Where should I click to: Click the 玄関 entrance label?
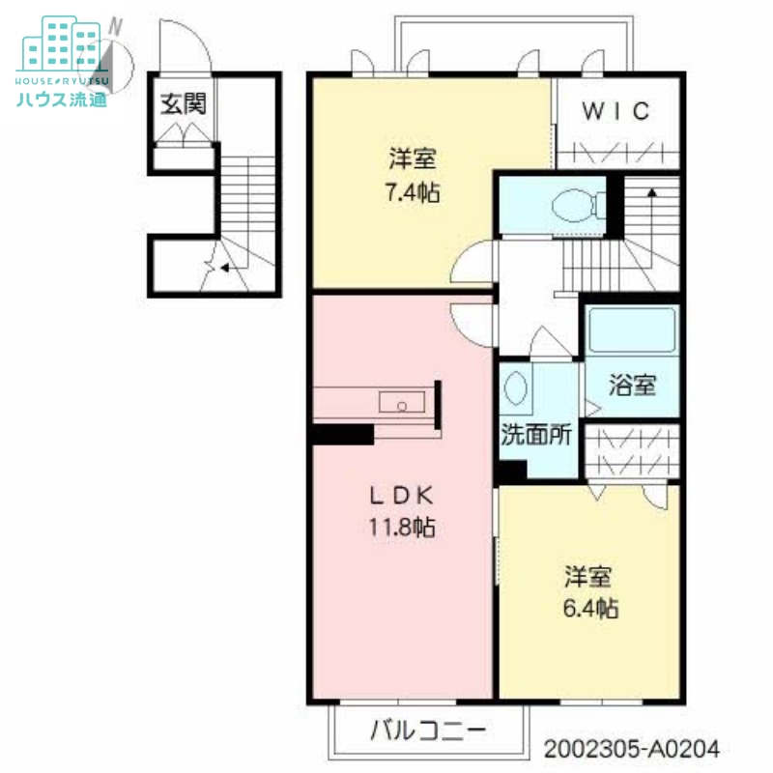[x=183, y=103]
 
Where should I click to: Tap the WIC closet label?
[x=616, y=110]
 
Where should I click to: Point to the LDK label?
[x=402, y=494]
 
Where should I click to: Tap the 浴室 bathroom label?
[x=632, y=385]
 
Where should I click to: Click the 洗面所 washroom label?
[x=536, y=434]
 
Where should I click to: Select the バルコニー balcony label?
[x=427, y=730]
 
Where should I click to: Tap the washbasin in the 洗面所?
[x=516, y=387]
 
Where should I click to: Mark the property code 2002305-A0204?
[x=632, y=749]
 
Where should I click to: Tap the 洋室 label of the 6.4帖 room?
[x=588, y=579]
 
